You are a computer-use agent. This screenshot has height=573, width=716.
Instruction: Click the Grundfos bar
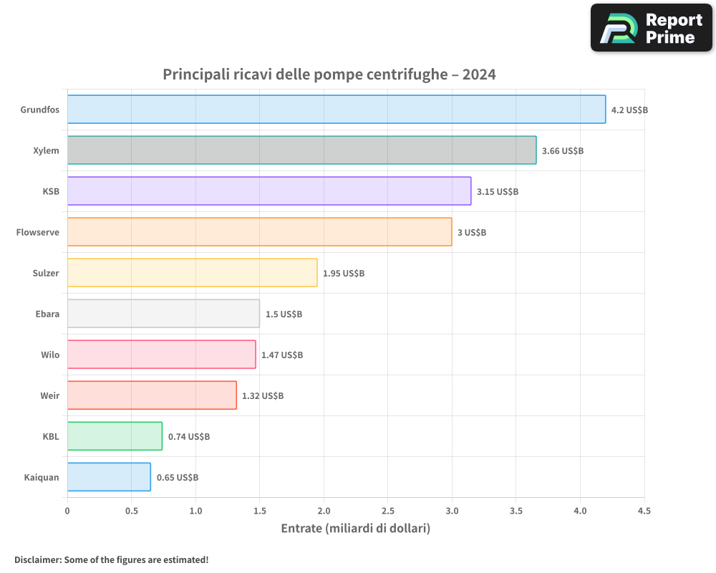coord(337,110)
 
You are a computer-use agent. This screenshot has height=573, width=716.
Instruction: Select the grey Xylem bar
coord(301,150)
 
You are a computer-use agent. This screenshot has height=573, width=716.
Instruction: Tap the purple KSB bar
coord(269,191)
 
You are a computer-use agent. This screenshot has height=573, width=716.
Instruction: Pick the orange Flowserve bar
coord(259,232)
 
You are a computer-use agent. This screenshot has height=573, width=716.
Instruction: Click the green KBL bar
coord(115,436)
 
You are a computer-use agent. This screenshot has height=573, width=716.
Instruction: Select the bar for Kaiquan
coord(109,477)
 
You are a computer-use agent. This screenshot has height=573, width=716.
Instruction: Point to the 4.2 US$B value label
coord(629,110)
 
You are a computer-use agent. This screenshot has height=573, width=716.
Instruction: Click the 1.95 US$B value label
coord(344,274)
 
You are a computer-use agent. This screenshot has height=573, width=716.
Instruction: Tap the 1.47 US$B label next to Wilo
coord(282,355)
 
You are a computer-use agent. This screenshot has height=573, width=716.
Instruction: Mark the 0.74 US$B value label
coord(189,437)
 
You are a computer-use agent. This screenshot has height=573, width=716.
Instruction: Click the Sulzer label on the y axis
coord(46,273)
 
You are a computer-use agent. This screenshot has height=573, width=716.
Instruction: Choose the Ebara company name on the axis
coord(47,314)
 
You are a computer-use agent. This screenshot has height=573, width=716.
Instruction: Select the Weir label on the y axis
coord(50,395)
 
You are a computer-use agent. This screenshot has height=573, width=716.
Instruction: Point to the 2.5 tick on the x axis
coord(388,511)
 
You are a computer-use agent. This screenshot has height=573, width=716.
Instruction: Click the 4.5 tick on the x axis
coord(644,511)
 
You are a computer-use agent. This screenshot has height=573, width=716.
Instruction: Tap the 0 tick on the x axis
coord(67,511)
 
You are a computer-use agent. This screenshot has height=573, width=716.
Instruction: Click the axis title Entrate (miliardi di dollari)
coord(355,529)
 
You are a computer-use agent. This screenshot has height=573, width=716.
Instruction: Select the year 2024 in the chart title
coord(479,74)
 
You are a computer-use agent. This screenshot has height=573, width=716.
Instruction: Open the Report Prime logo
coord(652,28)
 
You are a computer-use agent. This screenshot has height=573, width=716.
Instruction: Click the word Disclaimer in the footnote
coord(37,559)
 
